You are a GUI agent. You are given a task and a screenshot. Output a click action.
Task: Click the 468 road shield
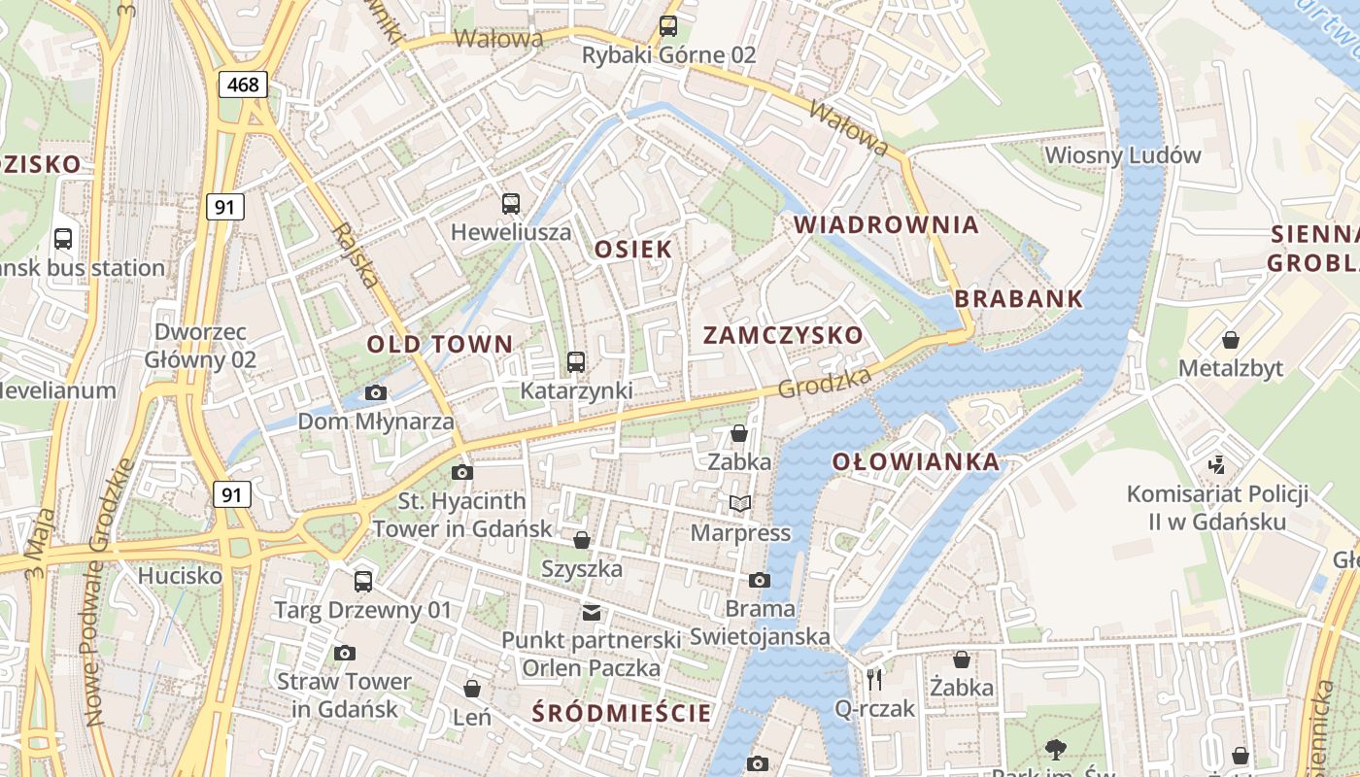coord(242,84)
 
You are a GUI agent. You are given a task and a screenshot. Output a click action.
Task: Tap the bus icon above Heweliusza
coord(511,203)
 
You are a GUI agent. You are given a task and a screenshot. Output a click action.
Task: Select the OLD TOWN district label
coord(439,344)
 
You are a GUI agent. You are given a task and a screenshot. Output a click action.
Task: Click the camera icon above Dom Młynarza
coord(375,392)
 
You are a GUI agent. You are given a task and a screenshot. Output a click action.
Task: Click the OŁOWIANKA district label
coord(915,462)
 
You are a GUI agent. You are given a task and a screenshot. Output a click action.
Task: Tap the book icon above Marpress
coord(740,503)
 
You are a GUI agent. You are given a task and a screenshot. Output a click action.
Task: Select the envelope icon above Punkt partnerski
coord(591,612)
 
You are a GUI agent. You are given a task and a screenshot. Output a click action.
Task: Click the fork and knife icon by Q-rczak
coord(874,679)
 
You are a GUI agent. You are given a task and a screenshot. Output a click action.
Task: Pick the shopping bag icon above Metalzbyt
coord(1230,340)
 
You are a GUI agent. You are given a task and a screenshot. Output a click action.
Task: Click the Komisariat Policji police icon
coord(1217,464)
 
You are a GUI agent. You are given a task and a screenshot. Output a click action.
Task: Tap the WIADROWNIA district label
coord(886,225)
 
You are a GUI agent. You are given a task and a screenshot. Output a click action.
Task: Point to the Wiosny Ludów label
coord(1122,155)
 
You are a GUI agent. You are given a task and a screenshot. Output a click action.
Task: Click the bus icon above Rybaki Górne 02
coord(668,26)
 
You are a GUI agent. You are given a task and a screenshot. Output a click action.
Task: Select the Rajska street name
coord(356,255)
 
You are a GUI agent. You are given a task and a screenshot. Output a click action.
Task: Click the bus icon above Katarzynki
coord(576,362)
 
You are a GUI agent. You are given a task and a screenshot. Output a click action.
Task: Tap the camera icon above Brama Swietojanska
coord(759,580)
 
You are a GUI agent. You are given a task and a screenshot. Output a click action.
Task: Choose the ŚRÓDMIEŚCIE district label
coord(622,714)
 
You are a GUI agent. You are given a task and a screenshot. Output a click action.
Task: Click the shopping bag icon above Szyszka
coord(581,539)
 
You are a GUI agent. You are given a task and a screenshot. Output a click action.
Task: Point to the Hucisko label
coord(180,575)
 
